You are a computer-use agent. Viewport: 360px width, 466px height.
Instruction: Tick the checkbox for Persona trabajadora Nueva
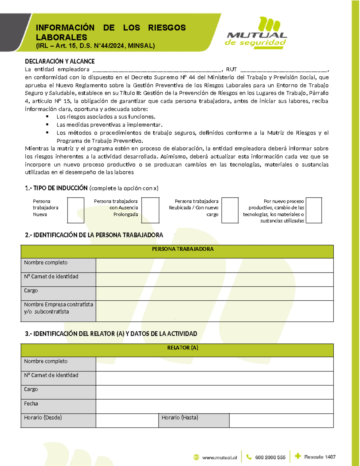coord(76,210)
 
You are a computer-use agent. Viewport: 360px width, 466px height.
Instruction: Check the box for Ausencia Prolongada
coord(150,210)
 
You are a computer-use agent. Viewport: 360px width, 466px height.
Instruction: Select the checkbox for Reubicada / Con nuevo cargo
coord(230,210)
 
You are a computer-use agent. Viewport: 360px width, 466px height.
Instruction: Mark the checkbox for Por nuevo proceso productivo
coord(314,210)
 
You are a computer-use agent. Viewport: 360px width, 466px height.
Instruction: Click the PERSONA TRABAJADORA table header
coord(183,249)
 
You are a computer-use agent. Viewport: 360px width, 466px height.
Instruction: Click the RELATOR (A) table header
coord(183,348)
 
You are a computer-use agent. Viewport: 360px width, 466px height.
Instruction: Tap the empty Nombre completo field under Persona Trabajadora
coord(214,265)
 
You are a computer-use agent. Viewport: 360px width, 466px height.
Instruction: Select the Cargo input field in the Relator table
coord(214,392)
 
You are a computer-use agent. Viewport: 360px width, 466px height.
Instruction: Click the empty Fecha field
coord(214,406)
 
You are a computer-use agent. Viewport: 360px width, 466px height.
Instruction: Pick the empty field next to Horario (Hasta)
coord(281,420)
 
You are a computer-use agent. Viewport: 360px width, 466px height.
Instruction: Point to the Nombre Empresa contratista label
coord(58,308)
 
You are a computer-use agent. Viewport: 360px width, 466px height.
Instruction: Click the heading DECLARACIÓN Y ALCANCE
coord(60,62)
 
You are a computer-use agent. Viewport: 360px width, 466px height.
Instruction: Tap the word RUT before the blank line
coord(231,69)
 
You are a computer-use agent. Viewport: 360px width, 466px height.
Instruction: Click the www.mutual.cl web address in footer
coord(219,458)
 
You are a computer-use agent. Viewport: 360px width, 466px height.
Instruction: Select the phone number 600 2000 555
coord(270,458)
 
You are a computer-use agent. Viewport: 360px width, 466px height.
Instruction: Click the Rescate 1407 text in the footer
coord(319,457)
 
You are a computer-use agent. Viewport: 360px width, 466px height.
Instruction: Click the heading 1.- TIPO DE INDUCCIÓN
coord(56,188)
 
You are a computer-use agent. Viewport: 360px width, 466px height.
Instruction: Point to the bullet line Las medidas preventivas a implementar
coord(109,125)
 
